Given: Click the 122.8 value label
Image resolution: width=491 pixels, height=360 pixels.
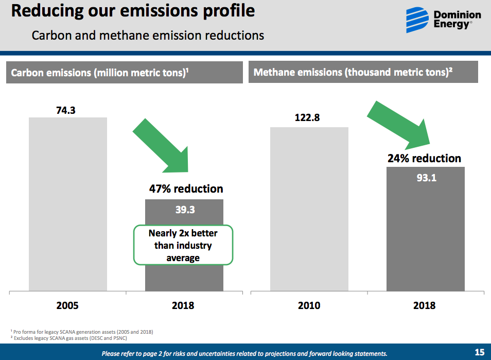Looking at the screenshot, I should click(307, 118).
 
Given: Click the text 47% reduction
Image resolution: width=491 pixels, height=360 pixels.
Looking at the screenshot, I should click(186, 189).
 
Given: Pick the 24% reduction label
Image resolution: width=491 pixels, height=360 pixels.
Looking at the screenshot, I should click(424, 158).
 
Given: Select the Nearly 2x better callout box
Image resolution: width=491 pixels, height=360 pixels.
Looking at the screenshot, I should click(183, 245).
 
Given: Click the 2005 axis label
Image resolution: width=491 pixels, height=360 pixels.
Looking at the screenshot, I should click(67, 305).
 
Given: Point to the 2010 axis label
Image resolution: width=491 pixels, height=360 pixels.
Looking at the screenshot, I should click(309, 305).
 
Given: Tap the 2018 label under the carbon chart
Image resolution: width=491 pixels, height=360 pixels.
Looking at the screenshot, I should click(183, 305).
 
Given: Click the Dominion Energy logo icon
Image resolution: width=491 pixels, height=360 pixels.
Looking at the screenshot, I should click(417, 20).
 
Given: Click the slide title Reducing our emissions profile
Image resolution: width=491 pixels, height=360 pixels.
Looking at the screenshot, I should click(133, 11).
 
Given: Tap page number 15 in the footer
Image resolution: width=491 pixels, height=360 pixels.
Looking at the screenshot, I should click(479, 352).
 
